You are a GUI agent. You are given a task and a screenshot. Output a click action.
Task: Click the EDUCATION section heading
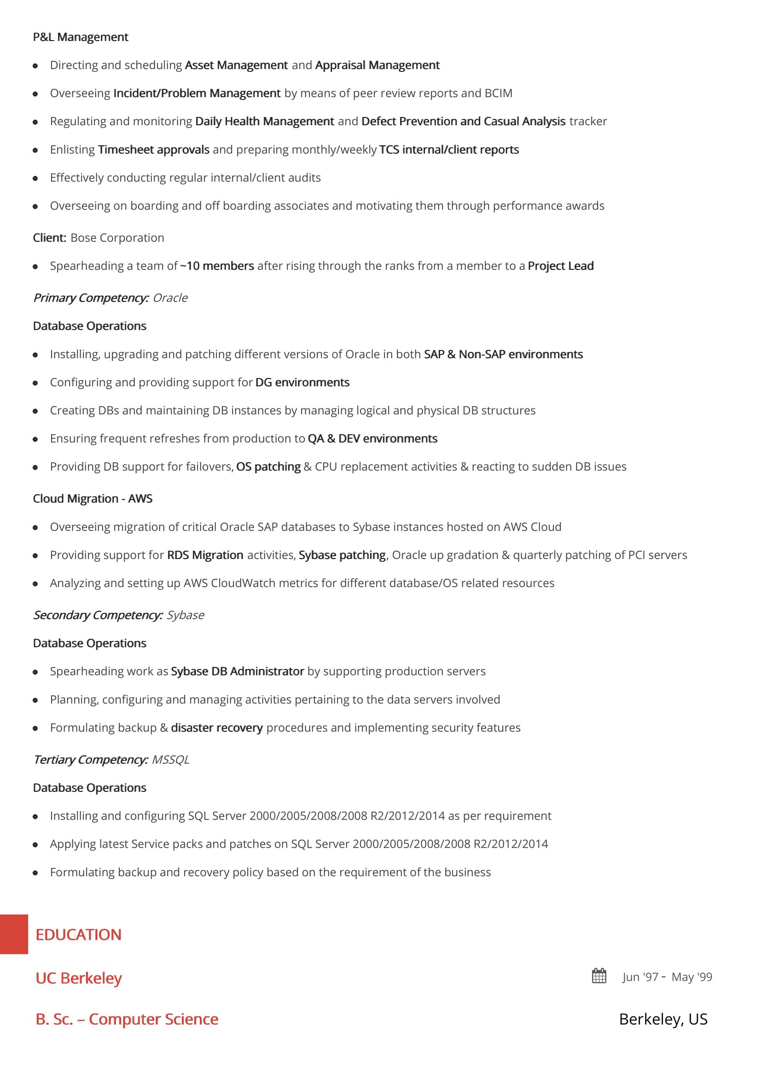[78, 935]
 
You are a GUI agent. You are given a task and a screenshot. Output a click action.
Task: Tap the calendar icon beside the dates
[599, 976]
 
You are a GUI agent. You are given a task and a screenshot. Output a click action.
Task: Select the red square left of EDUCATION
[14, 934]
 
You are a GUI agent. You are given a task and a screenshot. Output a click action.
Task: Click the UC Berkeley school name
[78, 978]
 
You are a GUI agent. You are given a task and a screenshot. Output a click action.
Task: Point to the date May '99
[691, 977]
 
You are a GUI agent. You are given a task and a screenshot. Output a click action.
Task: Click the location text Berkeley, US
[663, 1019]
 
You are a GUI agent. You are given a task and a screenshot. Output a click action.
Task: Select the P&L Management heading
[80, 37]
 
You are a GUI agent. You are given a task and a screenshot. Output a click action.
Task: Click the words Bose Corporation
[117, 238]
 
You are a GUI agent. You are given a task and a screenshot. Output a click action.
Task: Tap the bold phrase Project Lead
[560, 266]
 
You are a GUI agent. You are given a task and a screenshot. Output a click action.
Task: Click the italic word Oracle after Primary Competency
[170, 298]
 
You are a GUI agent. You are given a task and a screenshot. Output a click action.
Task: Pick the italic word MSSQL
[170, 759]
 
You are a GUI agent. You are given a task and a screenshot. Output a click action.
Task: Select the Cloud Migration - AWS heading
[93, 499]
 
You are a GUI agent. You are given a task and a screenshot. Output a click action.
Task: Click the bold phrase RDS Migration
[205, 555]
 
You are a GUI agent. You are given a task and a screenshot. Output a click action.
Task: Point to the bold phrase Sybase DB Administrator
[237, 671]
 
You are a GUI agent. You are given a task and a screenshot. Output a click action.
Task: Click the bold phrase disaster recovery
[217, 728]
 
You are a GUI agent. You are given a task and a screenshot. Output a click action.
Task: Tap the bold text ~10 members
[217, 266]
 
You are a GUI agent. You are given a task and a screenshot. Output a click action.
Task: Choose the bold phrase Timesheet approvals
[153, 150]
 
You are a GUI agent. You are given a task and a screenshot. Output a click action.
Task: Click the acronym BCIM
[498, 93]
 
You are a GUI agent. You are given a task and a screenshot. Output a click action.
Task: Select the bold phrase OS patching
[268, 467]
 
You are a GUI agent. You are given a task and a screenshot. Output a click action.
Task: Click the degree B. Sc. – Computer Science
[127, 1019]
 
